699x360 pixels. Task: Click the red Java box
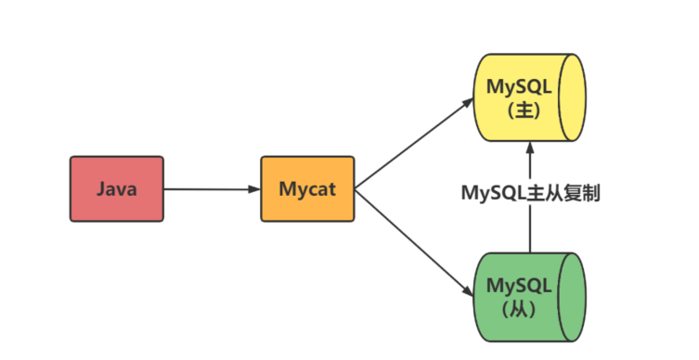click(x=116, y=189)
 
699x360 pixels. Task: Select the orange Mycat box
click(x=306, y=189)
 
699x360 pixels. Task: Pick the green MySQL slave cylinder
click(x=524, y=296)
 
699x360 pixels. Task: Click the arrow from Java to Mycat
click(x=212, y=189)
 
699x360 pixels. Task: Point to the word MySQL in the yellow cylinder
click(x=518, y=87)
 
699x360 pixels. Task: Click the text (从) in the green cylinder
click(x=518, y=308)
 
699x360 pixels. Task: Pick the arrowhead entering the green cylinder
click(x=467, y=293)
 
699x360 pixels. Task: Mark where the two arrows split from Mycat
click(x=356, y=189)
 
